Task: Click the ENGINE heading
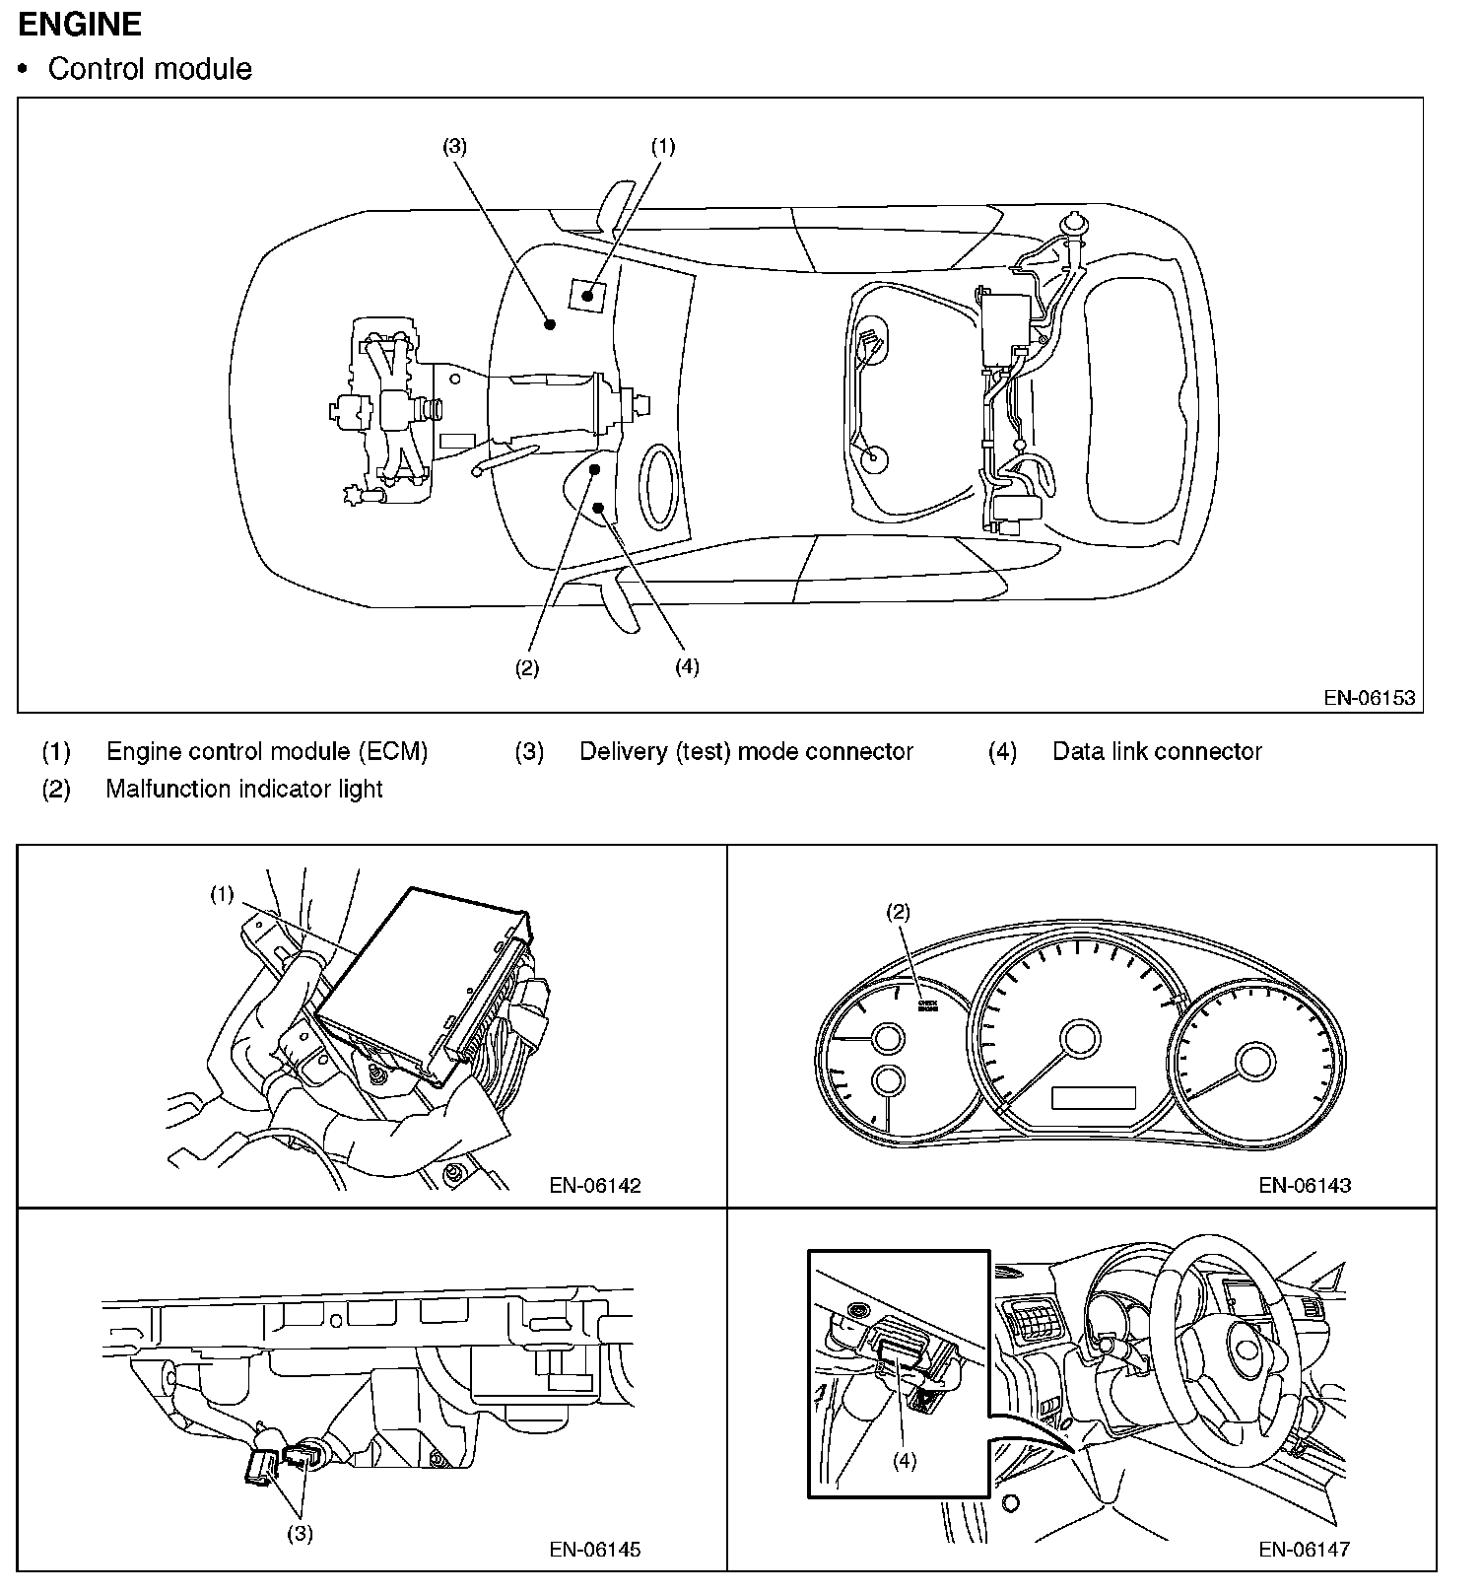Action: tap(80, 24)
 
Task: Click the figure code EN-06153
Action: tap(1369, 697)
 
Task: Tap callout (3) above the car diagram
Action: tap(454, 146)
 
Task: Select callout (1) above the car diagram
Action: tap(663, 146)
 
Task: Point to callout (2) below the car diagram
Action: tap(527, 667)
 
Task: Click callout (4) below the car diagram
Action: tap(687, 666)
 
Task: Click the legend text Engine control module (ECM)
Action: tap(267, 751)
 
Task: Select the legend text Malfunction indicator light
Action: tap(244, 789)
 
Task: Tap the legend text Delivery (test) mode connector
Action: tap(746, 751)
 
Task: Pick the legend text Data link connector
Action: tap(1157, 751)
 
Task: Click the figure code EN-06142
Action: tap(595, 1185)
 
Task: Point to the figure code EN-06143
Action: tap(1305, 1185)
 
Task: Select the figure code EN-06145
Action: tap(595, 1550)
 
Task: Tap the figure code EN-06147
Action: tap(1305, 1550)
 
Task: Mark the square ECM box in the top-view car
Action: tap(588, 294)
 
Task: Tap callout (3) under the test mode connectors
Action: tap(300, 1534)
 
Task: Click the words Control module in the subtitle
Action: tap(150, 69)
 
